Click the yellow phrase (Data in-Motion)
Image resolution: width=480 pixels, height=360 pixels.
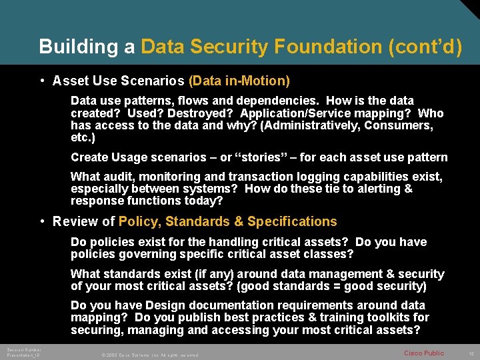tap(239, 81)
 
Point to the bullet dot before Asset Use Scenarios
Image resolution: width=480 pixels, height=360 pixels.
tap(42, 81)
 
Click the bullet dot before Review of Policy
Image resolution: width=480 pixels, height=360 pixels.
tap(42, 221)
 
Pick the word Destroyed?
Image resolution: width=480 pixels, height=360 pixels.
tap(204, 113)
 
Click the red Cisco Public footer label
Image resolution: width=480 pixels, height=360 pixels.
tap(424, 352)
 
